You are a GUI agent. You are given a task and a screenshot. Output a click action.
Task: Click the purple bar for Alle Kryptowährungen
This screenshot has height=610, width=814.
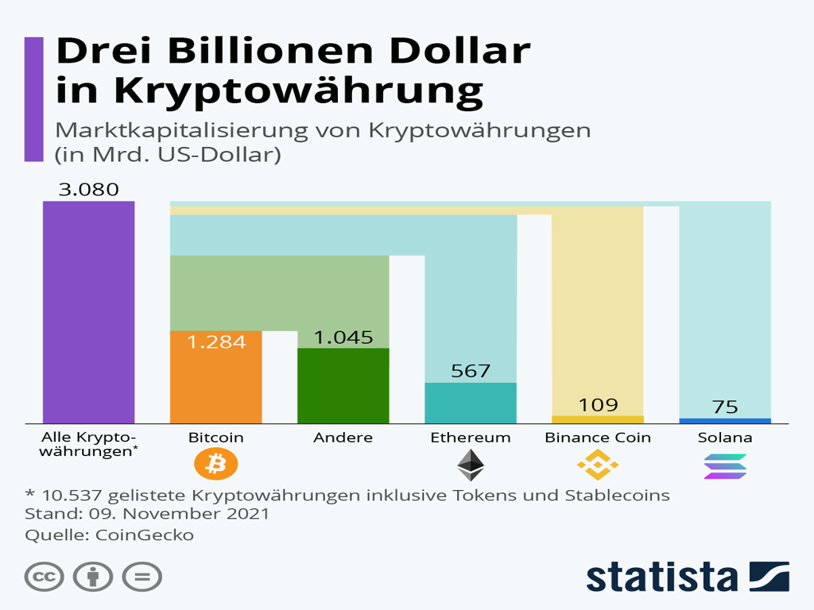pyautogui.click(x=88, y=311)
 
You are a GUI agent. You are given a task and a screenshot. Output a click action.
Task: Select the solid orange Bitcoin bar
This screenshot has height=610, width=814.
pyautogui.click(x=215, y=377)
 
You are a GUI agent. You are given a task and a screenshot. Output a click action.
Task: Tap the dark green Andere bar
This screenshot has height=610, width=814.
pyautogui.click(x=343, y=385)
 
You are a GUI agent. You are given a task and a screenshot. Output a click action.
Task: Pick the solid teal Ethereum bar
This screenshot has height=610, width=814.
pyautogui.click(x=470, y=403)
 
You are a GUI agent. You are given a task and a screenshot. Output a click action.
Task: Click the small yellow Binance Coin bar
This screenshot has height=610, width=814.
pyautogui.click(x=597, y=419)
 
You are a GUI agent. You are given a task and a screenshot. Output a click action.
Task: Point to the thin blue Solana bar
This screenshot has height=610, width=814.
pyautogui.click(x=724, y=421)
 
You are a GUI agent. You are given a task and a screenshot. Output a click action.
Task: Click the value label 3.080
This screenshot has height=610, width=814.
pyautogui.click(x=88, y=190)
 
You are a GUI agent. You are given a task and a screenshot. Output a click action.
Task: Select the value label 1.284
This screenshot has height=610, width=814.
pyautogui.click(x=215, y=342)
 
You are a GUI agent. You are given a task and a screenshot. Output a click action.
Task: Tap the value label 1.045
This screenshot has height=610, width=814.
pyautogui.click(x=343, y=337)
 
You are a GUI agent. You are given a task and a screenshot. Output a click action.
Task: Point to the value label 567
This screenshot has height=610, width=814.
pyautogui.click(x=470, y=371)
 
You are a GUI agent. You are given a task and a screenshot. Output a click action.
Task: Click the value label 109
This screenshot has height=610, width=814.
pyautogui.click(x=597, y=404)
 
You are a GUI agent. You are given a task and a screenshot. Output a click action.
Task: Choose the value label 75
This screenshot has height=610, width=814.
pyautogui.click(x=724, y=407)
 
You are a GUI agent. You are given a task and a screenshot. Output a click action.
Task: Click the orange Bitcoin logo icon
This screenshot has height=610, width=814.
pyautogui.click(x=215, y=465)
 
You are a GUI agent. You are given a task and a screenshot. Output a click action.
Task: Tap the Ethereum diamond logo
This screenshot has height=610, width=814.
pyautogui.click(x=470, y=465)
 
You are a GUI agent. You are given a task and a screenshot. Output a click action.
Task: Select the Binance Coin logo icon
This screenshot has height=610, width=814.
pyautogui.click(x=597, y=465)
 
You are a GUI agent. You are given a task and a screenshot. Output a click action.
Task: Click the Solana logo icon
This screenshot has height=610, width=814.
pyautogui.click(x=724, y=466)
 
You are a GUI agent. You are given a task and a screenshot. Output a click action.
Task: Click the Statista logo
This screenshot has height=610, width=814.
pyautogui.click(x=688, y=576)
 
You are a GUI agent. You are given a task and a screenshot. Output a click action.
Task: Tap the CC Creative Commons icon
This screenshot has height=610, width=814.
pyautogui.click(x=45, y=577)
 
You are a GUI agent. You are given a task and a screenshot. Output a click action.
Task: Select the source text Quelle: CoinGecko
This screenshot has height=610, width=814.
pyautogui.click(x=109, y=535)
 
